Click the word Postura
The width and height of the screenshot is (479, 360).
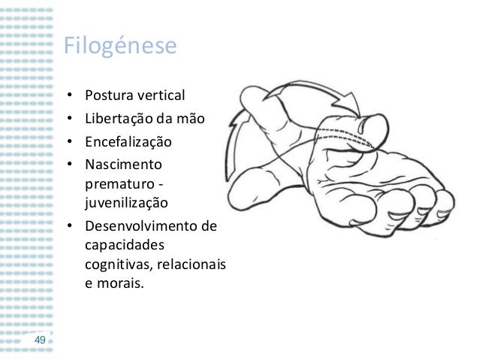point(110,96)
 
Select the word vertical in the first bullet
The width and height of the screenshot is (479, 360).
point(161,96)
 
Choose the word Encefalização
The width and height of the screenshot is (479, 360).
point(128,141)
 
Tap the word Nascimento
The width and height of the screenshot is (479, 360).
point(122,162)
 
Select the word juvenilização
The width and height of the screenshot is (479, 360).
point(127,204)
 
